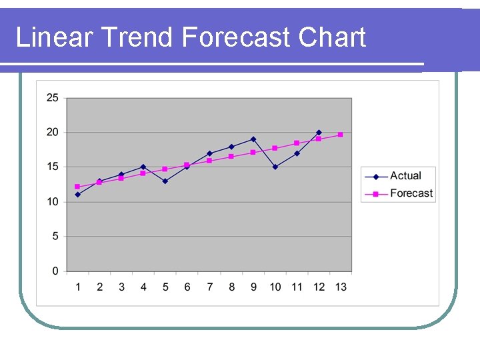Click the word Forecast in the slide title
pyautogui.click(x=237, y=37)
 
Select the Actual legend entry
pyautogui.click(x=405, y=176)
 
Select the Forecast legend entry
pyautogui.click(x=411, y=193)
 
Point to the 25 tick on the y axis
pyautogui.click(x=52, y=98)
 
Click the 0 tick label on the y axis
pyautogui.click(x=55, y=271)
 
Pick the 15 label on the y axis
pyautogui.click(x=52, y=167)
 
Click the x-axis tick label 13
pyautogui.click(x=341, y=287)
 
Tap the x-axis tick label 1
pyautogui.click(x=77, y=287)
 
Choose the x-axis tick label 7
pyautogui.click(x=209, y=287)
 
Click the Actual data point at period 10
pyautogui.click(x=275, y=167)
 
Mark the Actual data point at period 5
pyautogui.click(x=165, y=181)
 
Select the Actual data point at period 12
pyautogui.click(x=319, y=133)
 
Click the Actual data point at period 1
pyautogui.click(x=77, y=195)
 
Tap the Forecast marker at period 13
pyautogui.click(x=341, y=135)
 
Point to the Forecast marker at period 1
pyautogui.click(x=77, y=187)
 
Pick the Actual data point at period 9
pyautogui.click(x=253, y=139)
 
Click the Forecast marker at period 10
pyautogui.click(x=275, y=148)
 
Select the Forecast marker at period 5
pyautogui.click(x=165, y=169)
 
